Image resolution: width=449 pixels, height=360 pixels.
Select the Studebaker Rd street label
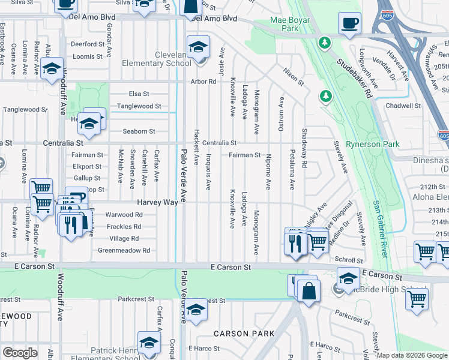tap(354, 78)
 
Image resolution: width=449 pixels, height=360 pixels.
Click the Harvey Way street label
tap(157, 203)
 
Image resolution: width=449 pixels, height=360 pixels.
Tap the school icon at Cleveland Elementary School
tap(197, 47)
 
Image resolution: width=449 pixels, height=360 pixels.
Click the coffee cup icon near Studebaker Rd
tap(349, 24)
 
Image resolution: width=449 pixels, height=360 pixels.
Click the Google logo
tap(20, 353)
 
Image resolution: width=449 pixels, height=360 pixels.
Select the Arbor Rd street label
tap(203, 82)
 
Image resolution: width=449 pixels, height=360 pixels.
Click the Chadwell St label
tap(403, 106)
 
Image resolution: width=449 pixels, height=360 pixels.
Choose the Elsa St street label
tap(139, 94)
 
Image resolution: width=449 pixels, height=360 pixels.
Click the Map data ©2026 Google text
tap(412, 355)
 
